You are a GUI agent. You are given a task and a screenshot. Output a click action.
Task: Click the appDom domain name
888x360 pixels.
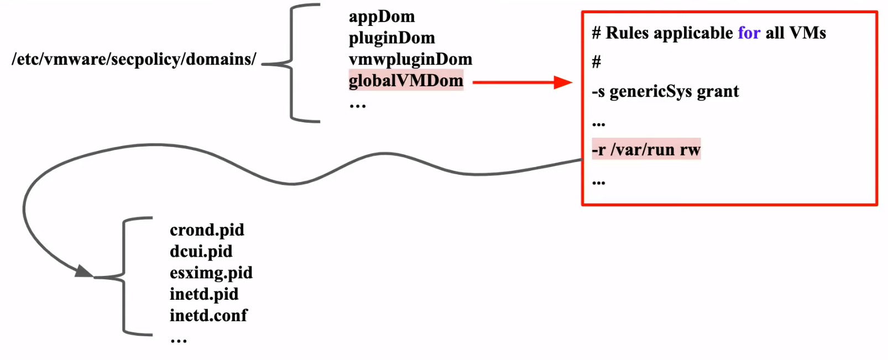click(x=382, y=17)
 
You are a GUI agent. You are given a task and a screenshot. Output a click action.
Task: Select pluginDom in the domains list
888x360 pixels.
click(x=391, y=38)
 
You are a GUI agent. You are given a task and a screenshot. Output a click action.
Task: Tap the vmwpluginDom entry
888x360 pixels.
click(x=410, y=59)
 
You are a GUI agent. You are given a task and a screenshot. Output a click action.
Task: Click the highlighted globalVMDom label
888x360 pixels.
click(x=405, y=81)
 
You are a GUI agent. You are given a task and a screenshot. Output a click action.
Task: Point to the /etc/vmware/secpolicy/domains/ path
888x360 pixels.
click(x=134, y=59)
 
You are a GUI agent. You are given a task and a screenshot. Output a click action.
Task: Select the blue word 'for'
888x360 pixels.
click(x=749, y=33)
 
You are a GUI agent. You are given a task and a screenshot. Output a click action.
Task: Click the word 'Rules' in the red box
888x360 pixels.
click(x=627, y=33)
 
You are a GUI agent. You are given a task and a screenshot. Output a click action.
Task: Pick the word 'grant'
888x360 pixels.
click(x=718, y=91)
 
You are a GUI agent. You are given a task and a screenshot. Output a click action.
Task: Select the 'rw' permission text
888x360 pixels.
click(x=690, y=150)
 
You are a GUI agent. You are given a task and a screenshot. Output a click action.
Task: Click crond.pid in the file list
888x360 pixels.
click(x=207, y=230)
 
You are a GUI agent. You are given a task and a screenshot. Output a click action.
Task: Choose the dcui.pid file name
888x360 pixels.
click(x=201, y=252)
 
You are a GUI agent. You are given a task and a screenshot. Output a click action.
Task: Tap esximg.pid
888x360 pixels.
click(x=211, y=273)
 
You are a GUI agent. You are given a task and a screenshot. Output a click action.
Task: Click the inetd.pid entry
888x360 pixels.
click(x=204, y=294)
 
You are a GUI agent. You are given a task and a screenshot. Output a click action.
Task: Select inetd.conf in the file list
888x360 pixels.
click(x=208, y=316)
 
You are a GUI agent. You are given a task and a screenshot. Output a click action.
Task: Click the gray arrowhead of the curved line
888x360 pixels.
click(x=84, y=272)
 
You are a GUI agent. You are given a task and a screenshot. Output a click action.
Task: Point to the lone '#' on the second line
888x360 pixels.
click(x=596, y=62)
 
